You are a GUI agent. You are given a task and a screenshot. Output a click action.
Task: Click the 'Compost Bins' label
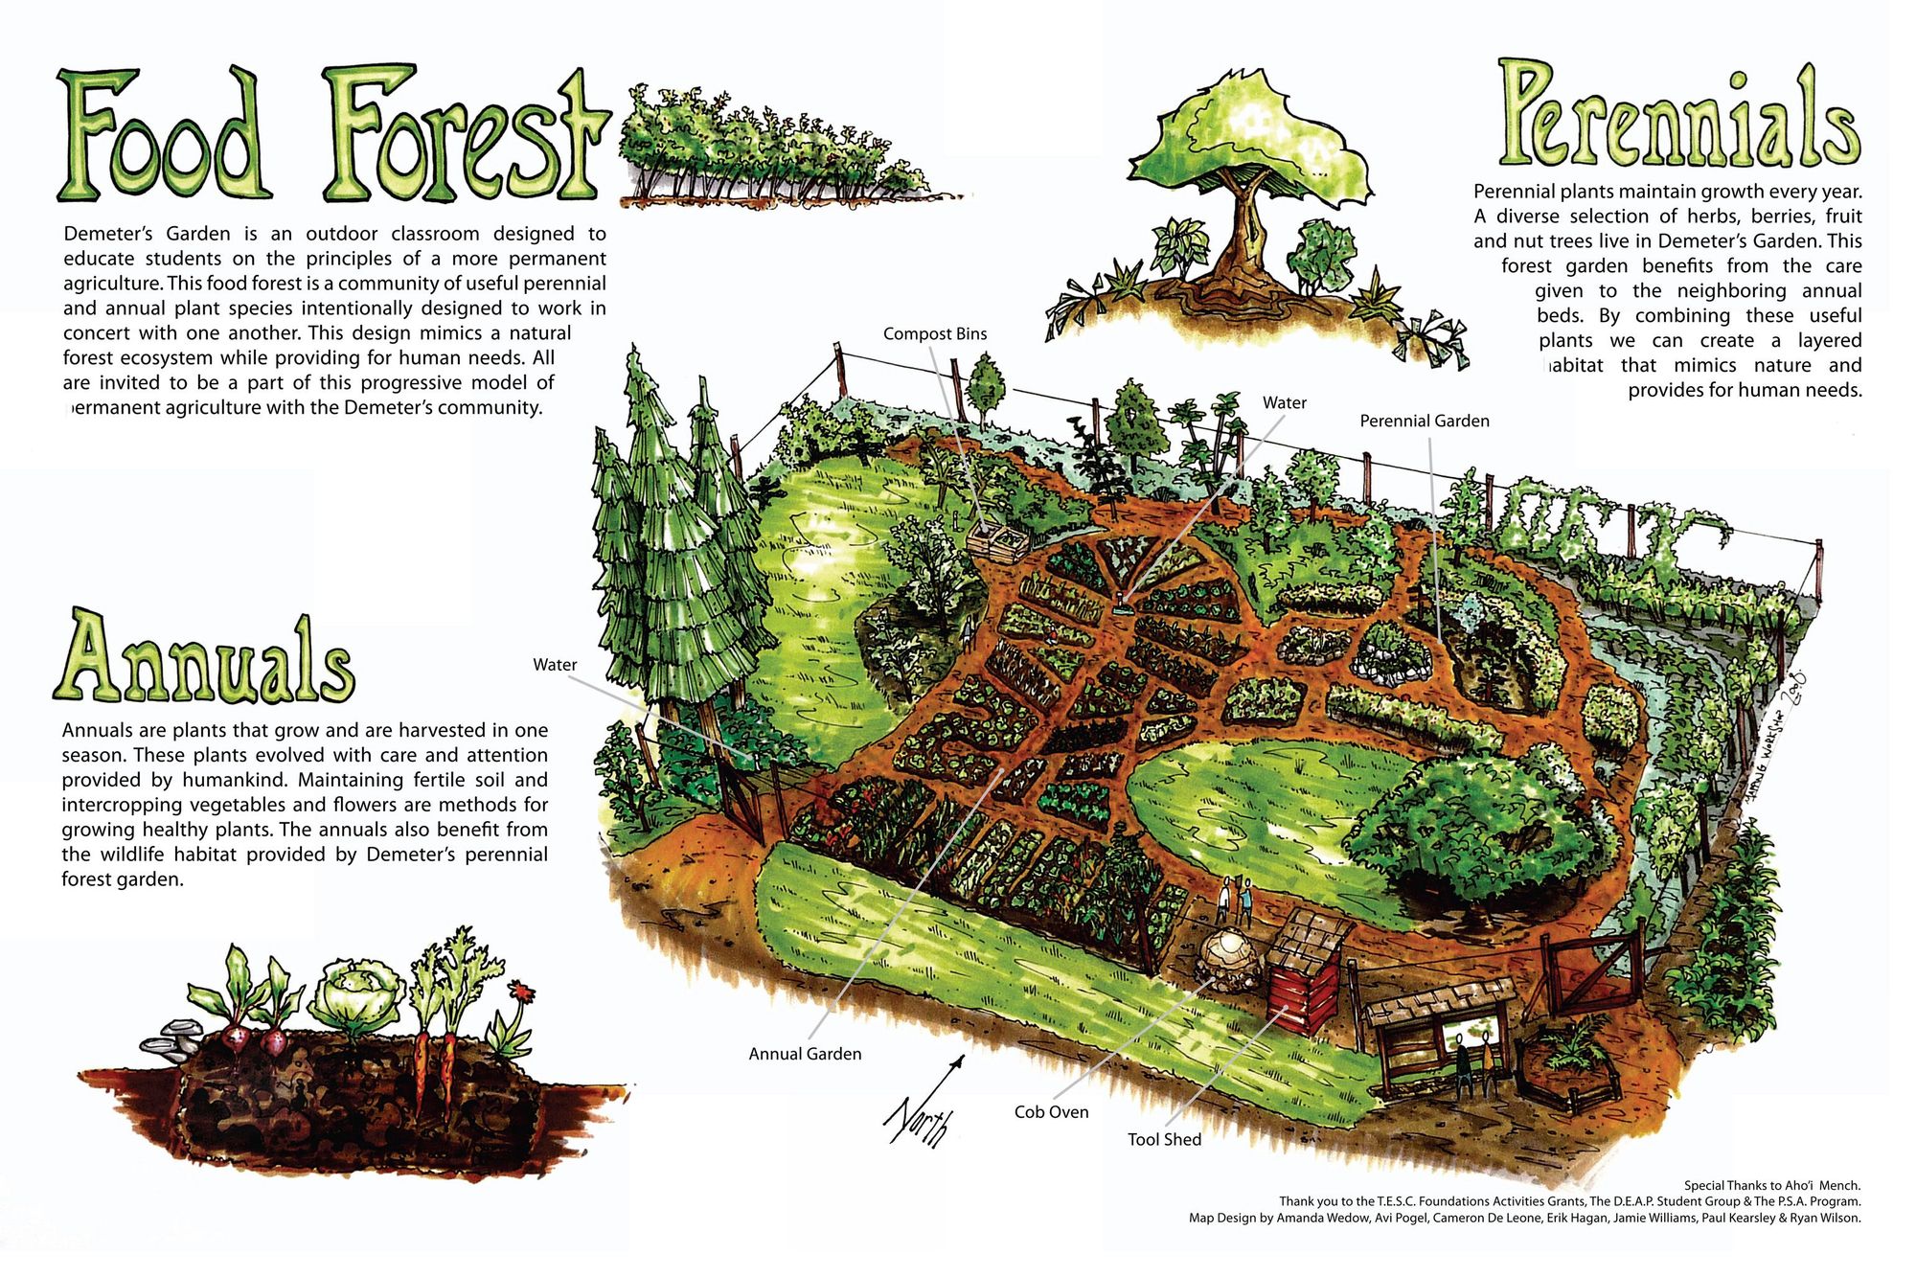click(x=934, y=333)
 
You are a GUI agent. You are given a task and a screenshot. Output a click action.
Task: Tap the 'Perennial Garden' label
click(x=1424, y=421)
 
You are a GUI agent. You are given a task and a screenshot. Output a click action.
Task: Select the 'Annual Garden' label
click(x=805, y=1054)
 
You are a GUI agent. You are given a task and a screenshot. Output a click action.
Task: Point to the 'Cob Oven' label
click(x=1051, y=1112)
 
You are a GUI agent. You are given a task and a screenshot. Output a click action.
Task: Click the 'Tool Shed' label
click(x=1164, y=1139)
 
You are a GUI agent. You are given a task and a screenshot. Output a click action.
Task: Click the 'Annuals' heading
click(x=204, y=660)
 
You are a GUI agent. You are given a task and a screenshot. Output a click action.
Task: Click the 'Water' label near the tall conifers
click(x=555, y=665)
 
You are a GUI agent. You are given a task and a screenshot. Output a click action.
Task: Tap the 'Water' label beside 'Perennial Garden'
click(x=1284, y=403)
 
